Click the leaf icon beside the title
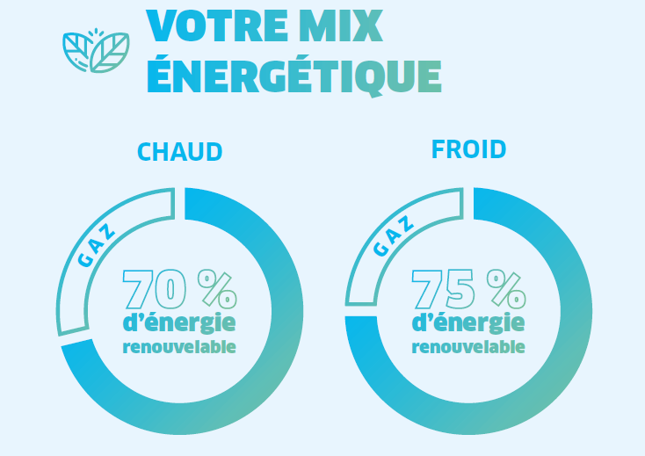click(x=96, y=51)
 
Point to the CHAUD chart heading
click(x=180, y=152)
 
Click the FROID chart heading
click(x=468, y=149)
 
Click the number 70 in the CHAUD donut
click(x=154, y=289)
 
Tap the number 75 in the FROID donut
click(x=444, y=289)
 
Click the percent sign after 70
click(x=217, y=289)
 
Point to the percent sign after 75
click(x=505, y=289)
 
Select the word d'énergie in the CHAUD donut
click(x=179, y=322)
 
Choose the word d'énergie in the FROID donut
click(x=468, y=322)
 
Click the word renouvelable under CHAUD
click(x=179, y=346)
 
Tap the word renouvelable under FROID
click(x=468, y=346)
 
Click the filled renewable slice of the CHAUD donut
click(x=281, y=351)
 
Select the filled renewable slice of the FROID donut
click(x=571, y=351)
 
